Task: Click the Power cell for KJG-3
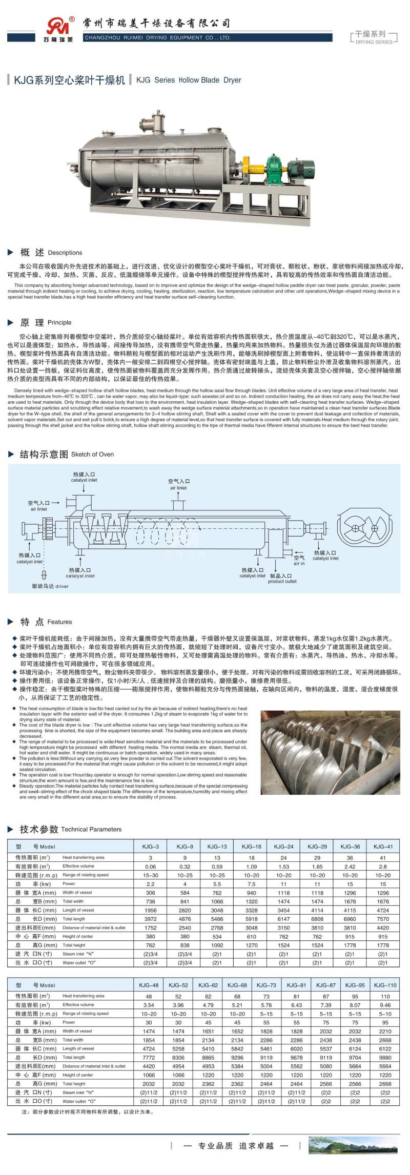click(x=151, y=883)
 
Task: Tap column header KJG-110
click(x=385, y=985)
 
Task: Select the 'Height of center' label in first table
click(x=78, y=936)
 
